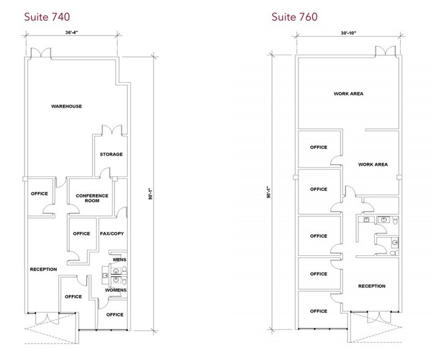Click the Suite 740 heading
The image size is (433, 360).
point(47,17)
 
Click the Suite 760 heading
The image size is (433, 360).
point(294,17)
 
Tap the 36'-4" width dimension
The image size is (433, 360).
point(72,32)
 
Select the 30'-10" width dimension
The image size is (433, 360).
point(349,33)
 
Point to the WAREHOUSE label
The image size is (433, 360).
point(67,106)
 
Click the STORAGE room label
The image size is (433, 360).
point(111,154)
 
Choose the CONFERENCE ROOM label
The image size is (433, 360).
point(92,198)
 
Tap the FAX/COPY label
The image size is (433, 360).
point(112,234)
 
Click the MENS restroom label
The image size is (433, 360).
point(120,260)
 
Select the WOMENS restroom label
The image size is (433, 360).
point(116,290)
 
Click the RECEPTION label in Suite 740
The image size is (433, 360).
point(43,269)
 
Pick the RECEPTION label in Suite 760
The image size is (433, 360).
point(372,286)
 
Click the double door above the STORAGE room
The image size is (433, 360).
point(112,130)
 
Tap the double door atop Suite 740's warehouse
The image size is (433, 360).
point(41,53)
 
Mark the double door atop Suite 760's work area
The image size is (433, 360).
point(385,51)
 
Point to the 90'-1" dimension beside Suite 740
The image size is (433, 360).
point(150,194)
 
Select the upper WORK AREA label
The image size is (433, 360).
point(349,94)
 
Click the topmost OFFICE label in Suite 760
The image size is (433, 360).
point(319,148)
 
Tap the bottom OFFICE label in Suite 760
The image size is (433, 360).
point(319,312)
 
